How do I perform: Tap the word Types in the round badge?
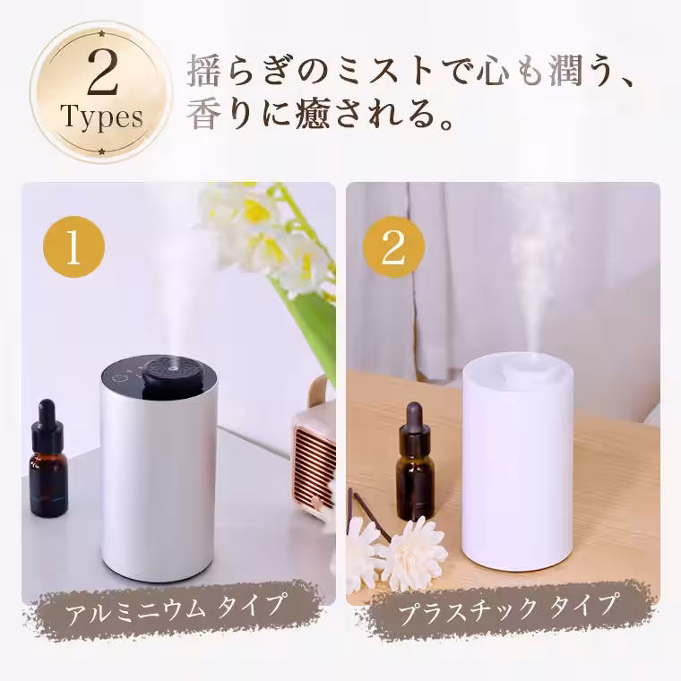pos(100,117)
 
